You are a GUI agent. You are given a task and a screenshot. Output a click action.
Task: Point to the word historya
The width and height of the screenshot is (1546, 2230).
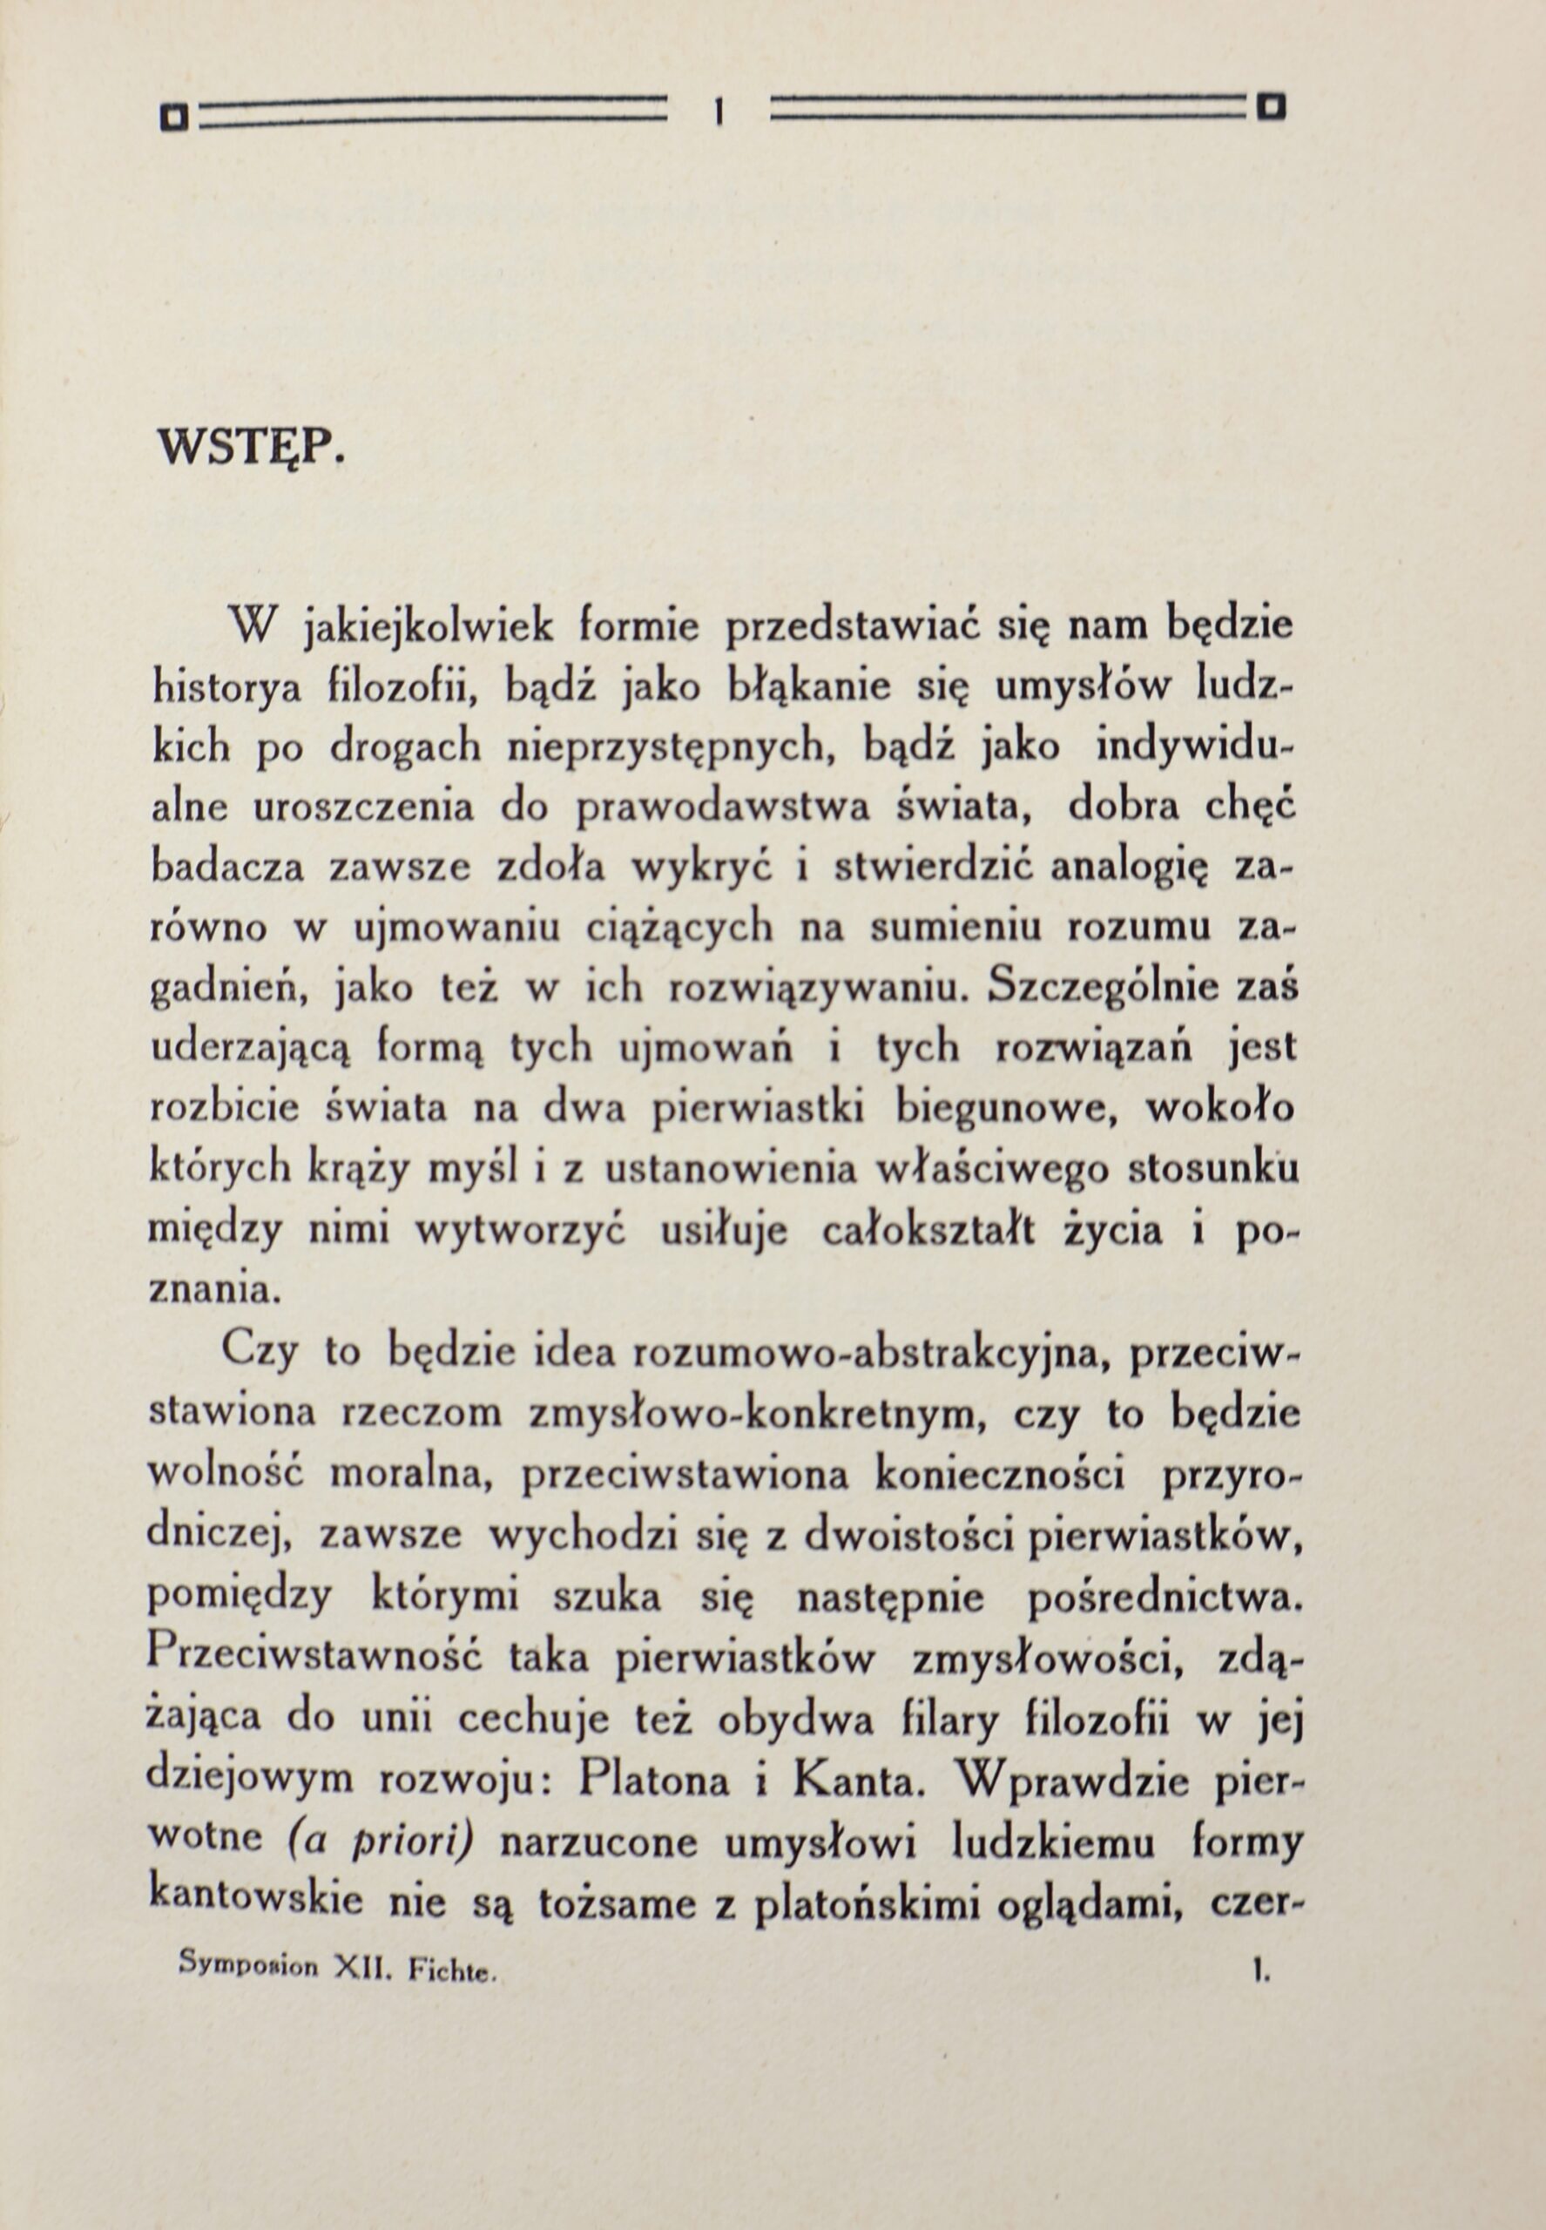[x=226, y=689]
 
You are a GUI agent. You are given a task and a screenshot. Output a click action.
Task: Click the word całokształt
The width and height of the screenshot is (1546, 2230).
[x=930, y=1230]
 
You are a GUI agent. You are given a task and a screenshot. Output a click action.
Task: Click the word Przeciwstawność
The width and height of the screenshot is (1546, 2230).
[x=316, y=1658]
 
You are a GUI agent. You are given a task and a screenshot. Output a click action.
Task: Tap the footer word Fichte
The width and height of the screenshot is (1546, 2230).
[x=452, y=1969]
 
